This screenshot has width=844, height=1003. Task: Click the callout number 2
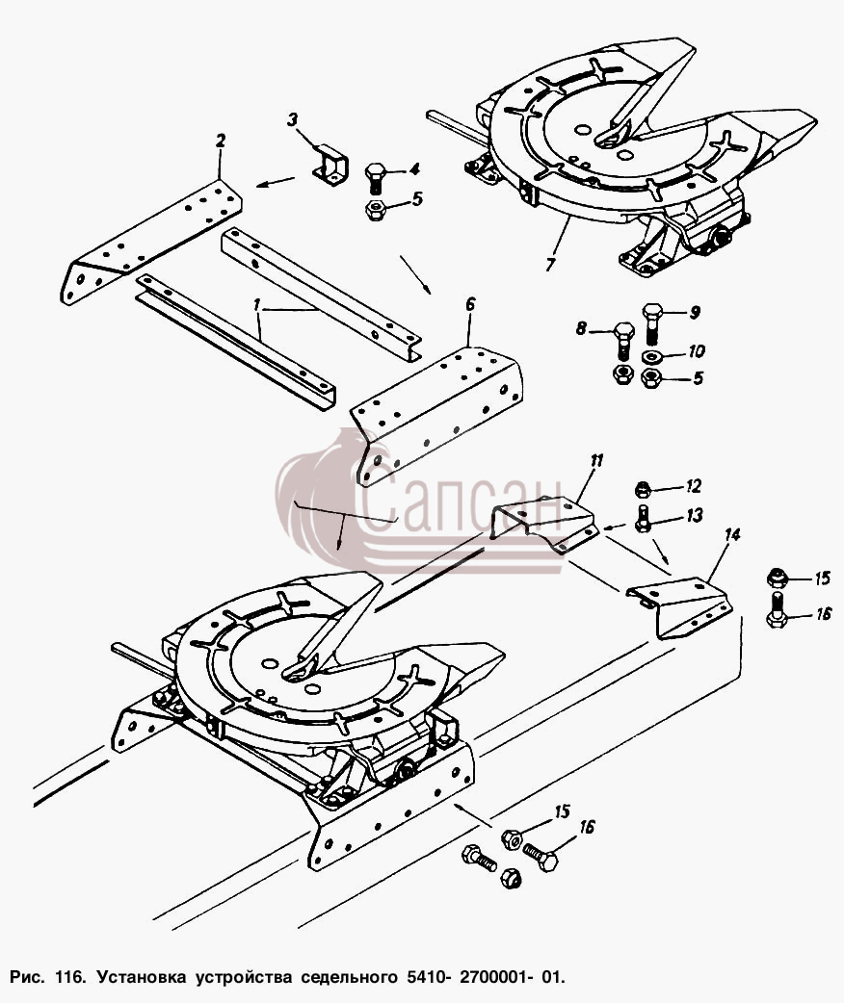click(x=221, y=141)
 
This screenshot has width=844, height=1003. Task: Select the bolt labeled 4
click(x=375, y=179)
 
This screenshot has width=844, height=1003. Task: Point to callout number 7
click(x=550, y=264)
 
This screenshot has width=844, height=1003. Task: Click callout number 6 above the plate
click(x=471, y=304)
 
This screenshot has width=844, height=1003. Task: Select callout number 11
click(x=596, y=460)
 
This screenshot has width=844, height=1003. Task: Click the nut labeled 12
click(x=642, y=490)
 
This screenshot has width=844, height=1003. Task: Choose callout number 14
click(x=732, y=535)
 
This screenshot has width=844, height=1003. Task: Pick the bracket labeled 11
click(x=544, y=522)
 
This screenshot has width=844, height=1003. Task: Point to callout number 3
click(x=293, y=119)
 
